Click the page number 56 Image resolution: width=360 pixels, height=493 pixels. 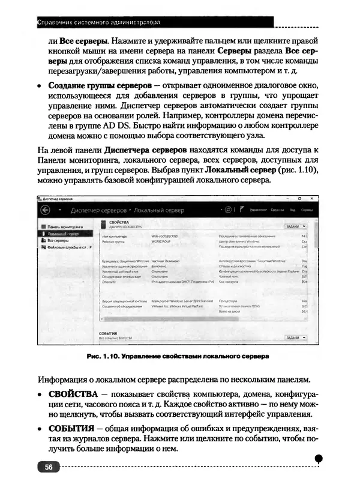(x=47, y=467)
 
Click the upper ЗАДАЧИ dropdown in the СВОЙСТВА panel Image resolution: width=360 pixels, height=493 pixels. (x=296, y=226)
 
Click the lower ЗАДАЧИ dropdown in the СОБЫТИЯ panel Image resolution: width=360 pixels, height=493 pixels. (x=296, y=338)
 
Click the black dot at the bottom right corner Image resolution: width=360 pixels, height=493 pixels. (x=319, y=458)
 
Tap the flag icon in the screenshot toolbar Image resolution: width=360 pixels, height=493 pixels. (x=242, y=210)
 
